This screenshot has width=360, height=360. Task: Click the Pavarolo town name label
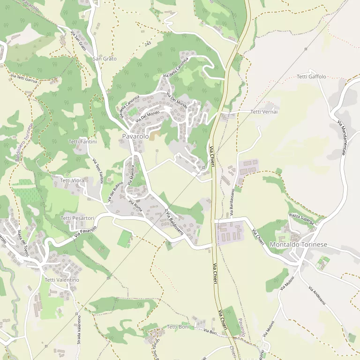click(x=135, y=136)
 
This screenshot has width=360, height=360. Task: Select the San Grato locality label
click(x=104, y=59)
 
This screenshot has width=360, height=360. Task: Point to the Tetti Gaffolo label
click(x=311, y=76)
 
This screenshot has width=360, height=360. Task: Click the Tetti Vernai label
click(x=264, y=112)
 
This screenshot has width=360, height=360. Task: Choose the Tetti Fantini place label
click(x=82, y=142)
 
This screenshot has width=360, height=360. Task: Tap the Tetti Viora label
click(x=72, y=180)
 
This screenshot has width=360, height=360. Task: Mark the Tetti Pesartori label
click(x=77, y=218)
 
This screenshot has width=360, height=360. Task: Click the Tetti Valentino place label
click(x=62, y=280)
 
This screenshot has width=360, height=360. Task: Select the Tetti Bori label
click(x=178, y=327)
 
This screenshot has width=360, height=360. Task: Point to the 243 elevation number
click(x=148, y=44)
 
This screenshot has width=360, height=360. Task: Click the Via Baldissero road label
click(x=174, y=221)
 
